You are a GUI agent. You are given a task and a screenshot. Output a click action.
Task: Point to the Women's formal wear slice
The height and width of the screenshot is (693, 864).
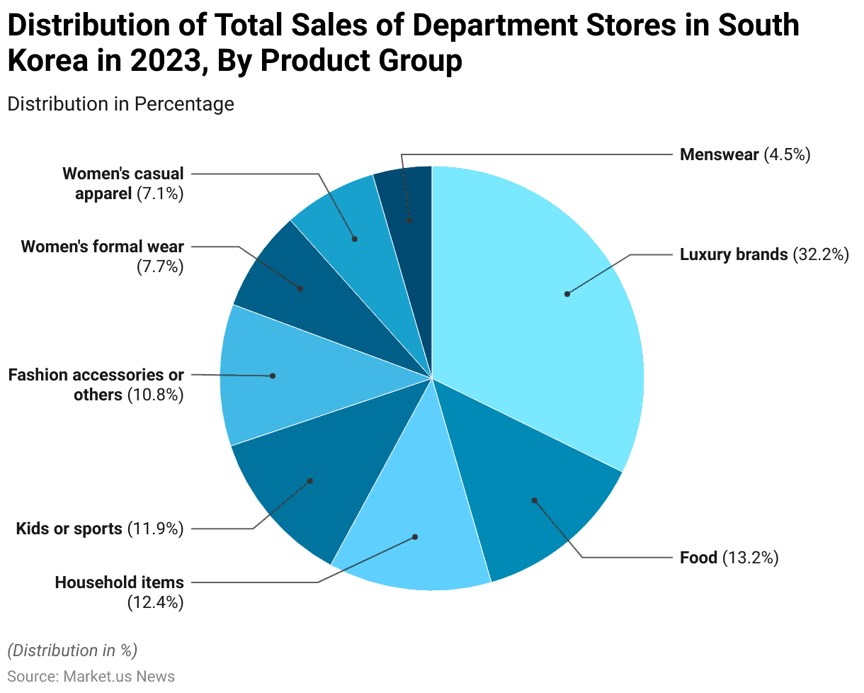pos(297,283)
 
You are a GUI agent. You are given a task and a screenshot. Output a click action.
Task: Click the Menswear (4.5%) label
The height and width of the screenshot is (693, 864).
pos(744,154)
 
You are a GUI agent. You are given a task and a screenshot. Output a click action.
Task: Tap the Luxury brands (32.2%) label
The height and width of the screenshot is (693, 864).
pos(763,254)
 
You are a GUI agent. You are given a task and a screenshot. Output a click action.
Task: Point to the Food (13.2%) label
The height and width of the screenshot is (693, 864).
pos(729,558)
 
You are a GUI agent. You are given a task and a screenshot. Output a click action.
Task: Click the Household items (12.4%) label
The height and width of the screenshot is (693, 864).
pos(120,592)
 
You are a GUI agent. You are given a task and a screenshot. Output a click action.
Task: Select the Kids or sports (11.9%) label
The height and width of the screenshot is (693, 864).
pos(100,529)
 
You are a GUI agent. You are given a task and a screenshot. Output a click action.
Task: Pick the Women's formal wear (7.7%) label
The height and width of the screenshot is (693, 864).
pos(103,257)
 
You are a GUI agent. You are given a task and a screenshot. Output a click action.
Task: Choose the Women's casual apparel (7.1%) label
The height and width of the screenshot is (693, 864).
pos(123,184)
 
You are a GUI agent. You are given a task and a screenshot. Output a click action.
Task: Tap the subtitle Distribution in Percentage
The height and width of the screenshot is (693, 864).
pos(120,103)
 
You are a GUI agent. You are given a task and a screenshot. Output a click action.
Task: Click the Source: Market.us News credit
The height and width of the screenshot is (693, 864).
pos(91,676)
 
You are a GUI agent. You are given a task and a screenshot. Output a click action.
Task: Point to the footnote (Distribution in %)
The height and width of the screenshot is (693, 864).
pos(72,650)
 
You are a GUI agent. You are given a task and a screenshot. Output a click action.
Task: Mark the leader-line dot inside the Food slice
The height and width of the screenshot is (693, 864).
pos(535,500)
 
